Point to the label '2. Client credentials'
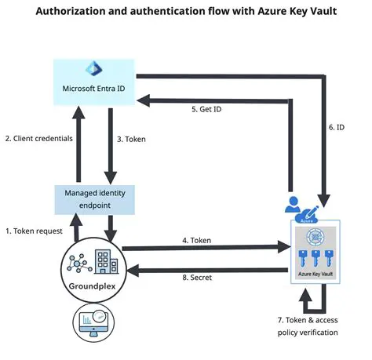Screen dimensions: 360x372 tap(38, 138)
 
